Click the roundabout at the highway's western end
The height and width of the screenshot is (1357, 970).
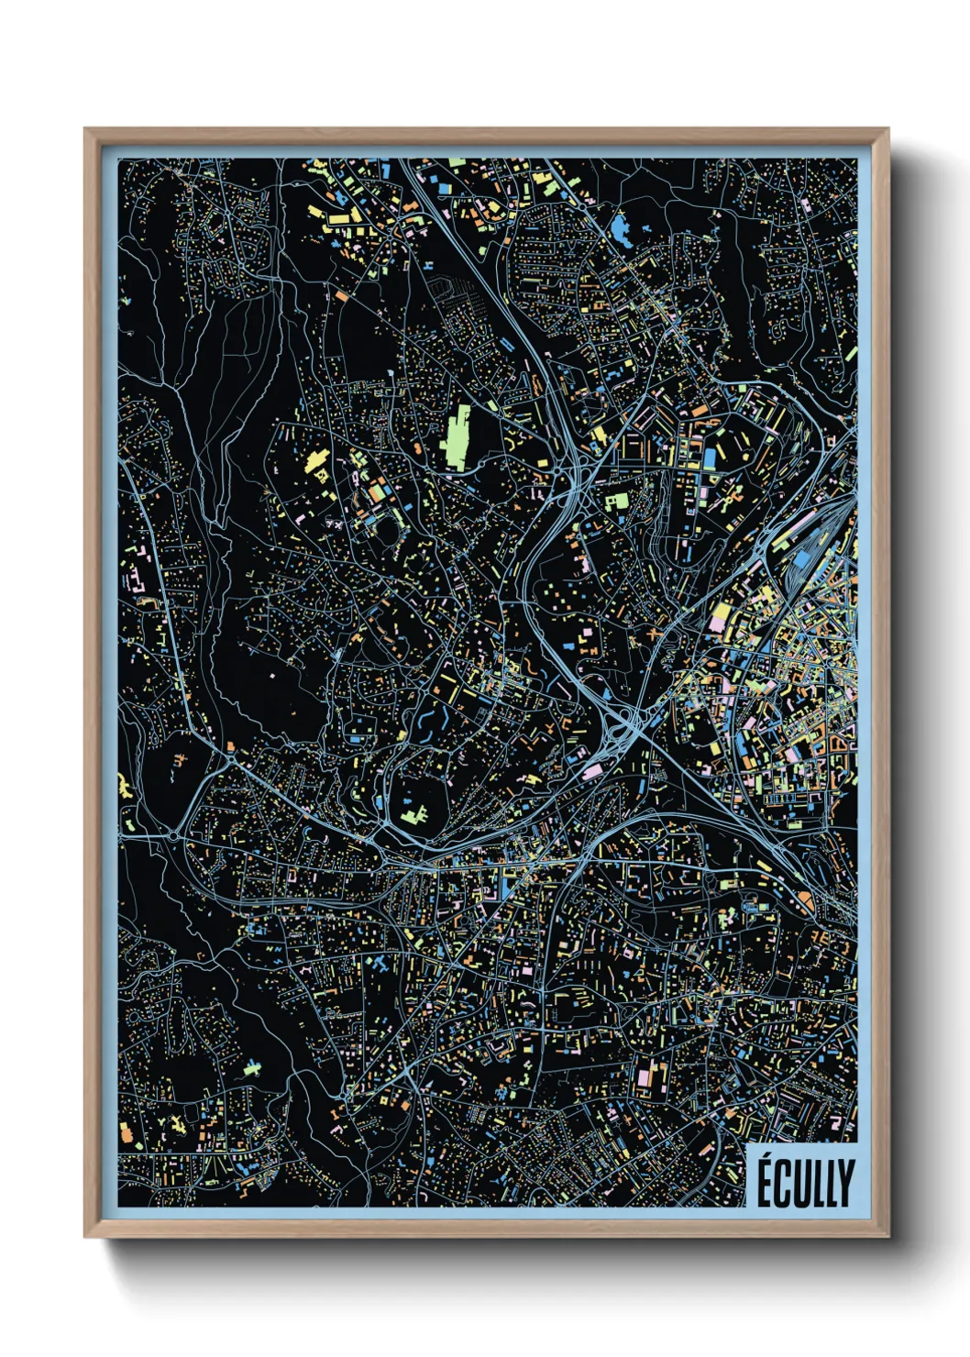[x=174, y=835]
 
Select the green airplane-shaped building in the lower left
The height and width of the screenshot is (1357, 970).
[x=251, y=1067]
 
